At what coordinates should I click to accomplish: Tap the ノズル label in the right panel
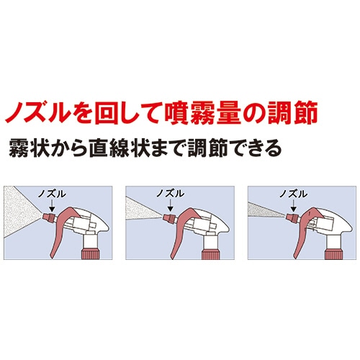pyautogui.click(x=292, y=193)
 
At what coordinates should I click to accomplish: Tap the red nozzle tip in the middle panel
pyautogui.click(x=167, y=215)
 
